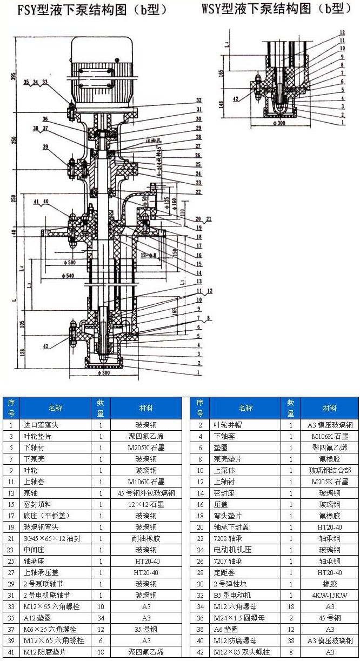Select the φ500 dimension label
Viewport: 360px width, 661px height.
pyautogui.click(x=69, y=263)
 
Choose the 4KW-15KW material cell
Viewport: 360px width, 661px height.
pyautogui.click(x=330, y=595)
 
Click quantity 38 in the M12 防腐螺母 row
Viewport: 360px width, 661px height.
pyautogui.click(x=291, y=640)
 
